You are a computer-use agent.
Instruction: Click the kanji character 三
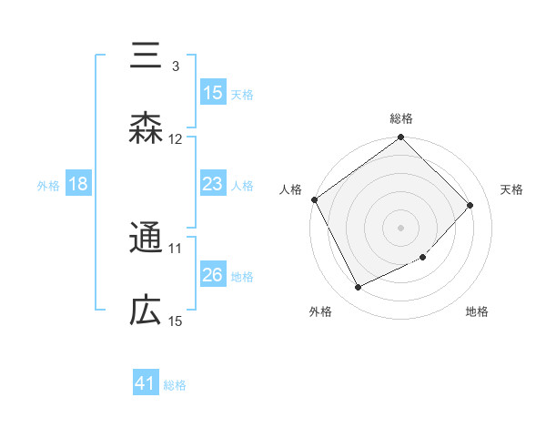146,55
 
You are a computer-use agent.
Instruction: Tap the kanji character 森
146,128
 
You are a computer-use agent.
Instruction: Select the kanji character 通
146,239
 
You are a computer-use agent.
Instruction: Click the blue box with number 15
213,92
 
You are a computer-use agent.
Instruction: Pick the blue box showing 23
213,184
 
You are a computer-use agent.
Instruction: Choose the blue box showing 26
213,275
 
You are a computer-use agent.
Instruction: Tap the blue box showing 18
78,184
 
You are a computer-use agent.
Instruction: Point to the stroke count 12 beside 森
176,139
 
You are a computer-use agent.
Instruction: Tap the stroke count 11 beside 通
176,248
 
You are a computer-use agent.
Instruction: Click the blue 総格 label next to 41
175,385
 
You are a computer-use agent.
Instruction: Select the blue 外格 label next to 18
48,185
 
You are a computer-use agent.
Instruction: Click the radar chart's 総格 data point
400,138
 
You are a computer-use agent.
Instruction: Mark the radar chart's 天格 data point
470,205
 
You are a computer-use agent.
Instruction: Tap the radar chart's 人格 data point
315,199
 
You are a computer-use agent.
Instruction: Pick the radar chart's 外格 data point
359,287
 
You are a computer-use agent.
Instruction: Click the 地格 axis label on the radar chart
477,311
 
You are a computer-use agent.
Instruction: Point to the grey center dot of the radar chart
400,227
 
